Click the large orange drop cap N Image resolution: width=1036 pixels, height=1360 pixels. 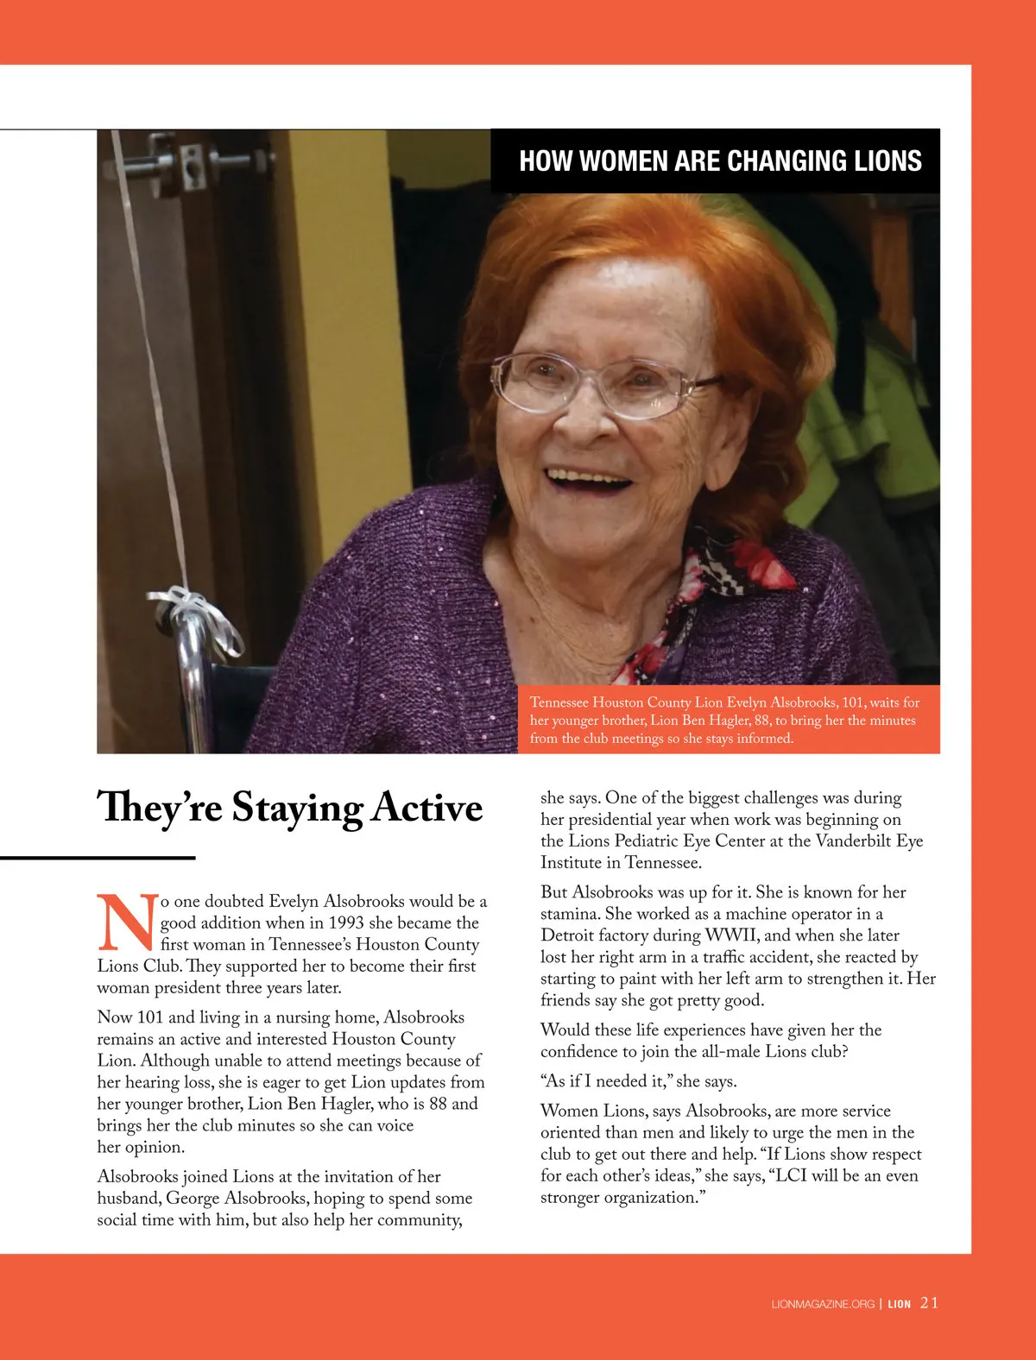pos(126,922)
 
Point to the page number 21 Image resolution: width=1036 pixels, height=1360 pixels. pos(929,1303)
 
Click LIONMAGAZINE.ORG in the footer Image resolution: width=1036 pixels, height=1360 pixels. pos(823,1304)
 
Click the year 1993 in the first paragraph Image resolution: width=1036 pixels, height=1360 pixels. pos(345,922)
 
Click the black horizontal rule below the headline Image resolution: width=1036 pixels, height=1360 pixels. pos(98,858)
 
